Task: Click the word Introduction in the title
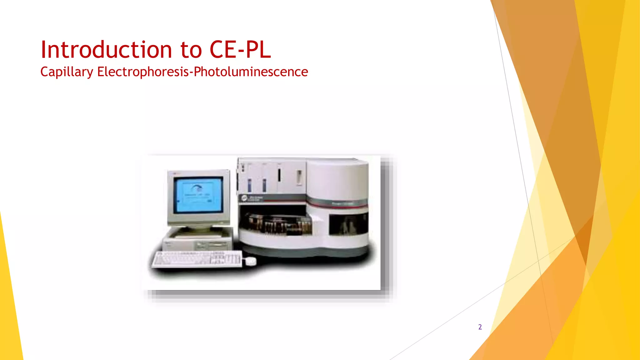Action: pos(106,50)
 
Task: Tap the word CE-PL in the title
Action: pos(240,50)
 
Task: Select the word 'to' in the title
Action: pos(191,50)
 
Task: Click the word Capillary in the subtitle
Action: pos(67,72)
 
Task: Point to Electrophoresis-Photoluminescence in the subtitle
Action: pos(202,72)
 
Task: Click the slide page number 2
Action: pos(480,327)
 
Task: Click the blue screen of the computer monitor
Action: pos(198,194)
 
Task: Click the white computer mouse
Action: pos(250,261)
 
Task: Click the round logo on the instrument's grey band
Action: pos(244,198)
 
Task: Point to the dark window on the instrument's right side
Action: pos(348,224)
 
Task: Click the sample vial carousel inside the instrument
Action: pos(280,224)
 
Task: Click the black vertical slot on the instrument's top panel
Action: pos(279,175)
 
